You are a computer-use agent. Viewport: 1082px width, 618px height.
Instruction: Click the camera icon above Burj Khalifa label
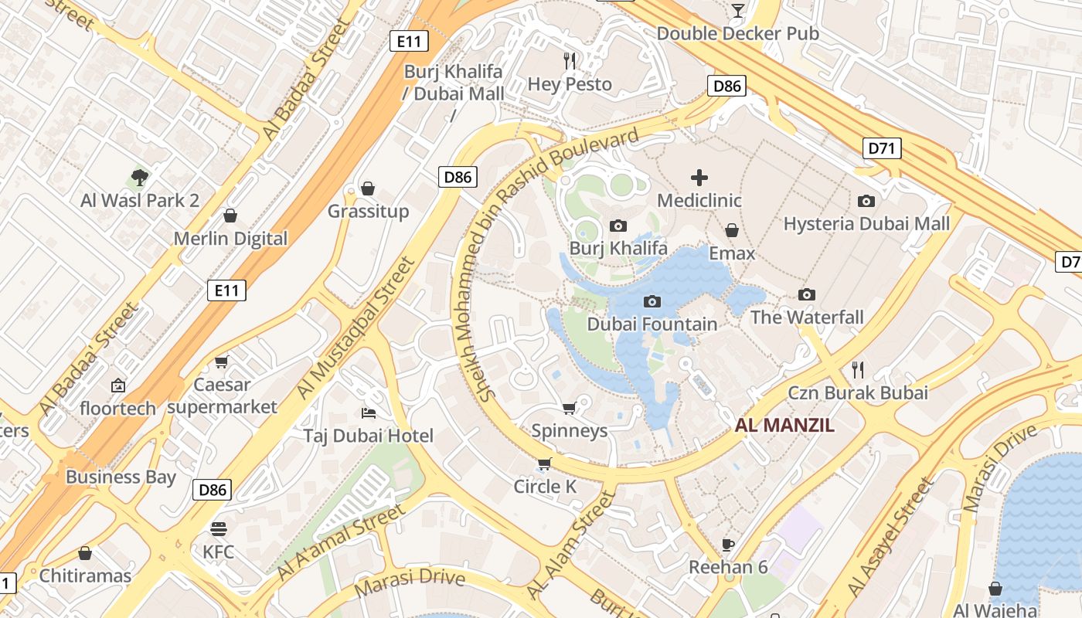(618, 226)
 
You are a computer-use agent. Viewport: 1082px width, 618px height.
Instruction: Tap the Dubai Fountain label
(652, 324)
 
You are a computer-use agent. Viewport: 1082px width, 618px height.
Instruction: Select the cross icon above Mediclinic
(699, 178)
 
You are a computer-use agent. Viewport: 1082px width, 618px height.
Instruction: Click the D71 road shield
(882, 148)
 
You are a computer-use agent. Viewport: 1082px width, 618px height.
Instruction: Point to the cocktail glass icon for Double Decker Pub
(737, 10)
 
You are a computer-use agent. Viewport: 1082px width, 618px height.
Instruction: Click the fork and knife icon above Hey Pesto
(570, 60)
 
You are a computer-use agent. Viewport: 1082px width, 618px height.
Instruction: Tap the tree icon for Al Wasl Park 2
(140, 178)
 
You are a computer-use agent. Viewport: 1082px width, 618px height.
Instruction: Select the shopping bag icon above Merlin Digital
(230, 216)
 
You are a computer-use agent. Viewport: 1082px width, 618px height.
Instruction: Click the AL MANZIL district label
(784, 424)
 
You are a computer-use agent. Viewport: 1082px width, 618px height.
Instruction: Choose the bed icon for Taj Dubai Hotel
(369, 413)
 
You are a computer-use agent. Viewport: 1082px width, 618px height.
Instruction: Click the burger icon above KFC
(219, 529)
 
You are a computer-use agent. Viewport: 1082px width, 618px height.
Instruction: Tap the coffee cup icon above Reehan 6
(727, 545)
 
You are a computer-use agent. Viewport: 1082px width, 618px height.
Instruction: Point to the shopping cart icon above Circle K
(545, 463)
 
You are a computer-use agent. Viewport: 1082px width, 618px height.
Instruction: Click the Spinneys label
(570, 430)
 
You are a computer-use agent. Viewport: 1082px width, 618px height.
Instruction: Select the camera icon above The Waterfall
(807, 294)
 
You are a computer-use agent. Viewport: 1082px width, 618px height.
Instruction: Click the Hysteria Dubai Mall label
(866, 224)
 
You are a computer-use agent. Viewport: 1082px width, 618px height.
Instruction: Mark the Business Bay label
(121, 477)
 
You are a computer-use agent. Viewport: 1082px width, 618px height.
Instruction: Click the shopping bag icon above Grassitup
(369, 188)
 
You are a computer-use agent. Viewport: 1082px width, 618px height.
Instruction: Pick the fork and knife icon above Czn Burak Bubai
(857, 369)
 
